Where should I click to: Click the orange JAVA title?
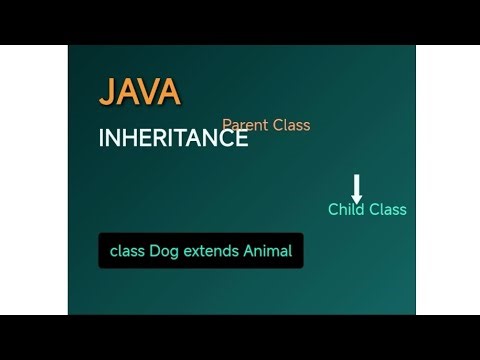[x=139, y=92]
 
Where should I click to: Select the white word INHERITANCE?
[x=173, y=139]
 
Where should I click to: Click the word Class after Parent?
[x=290, y=125]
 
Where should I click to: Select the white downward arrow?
[x=357, y=188]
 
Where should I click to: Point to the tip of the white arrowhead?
[x=357, y=202]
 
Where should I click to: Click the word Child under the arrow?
[x=346, y=209]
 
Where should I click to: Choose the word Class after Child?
[x=387, y=209]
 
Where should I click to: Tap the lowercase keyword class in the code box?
[x=127, y=251]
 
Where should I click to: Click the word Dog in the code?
[x=164, y=251]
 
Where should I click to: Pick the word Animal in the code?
[x=268, y=251]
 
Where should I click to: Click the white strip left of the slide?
[x=33, y=180]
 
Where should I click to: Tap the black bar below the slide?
[x=240, y=338]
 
